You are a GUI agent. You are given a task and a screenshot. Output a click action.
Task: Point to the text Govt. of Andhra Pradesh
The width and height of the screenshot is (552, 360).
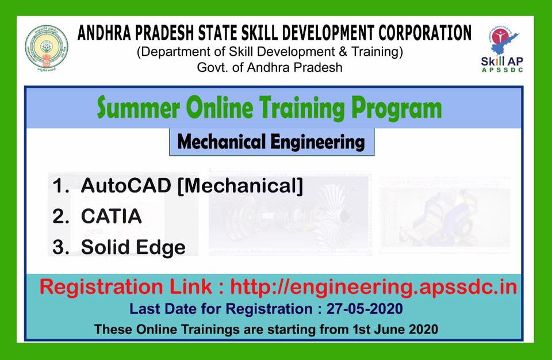[x=270, y=67]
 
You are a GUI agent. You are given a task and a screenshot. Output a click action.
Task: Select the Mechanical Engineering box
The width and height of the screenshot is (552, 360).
[x=271, y=141]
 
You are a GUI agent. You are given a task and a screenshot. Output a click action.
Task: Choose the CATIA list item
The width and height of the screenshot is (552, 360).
[x=111, y=217]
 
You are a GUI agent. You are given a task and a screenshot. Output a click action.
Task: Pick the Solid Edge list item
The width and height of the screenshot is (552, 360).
[x=133, y=247]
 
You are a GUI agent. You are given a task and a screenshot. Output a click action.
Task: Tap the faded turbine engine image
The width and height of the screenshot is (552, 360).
[x=290, y=213]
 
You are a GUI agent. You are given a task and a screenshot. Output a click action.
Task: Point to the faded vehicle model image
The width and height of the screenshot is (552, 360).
[x=444, y=213]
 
